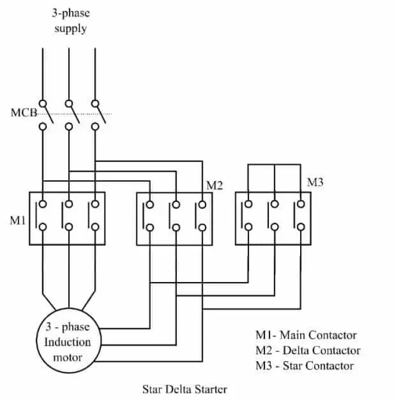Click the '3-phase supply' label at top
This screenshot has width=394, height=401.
[71, 21]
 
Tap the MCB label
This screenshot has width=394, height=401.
[23, 114]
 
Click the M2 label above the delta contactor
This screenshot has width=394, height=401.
[214, 185]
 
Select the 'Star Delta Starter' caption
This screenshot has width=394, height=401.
[185, 389]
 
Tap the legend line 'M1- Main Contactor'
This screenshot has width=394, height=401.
[306, 335]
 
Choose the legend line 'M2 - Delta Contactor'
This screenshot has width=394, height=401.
[308, 350]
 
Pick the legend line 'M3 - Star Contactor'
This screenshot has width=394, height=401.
[304, 366]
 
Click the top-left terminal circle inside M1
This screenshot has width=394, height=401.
[42, 204]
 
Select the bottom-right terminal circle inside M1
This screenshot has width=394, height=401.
[96, 227]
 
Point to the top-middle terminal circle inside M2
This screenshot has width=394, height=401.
[176, 205]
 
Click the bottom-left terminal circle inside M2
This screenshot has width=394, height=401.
[149, 227]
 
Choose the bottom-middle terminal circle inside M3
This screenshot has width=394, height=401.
[275, 227]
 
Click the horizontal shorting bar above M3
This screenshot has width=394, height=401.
[275, 164]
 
